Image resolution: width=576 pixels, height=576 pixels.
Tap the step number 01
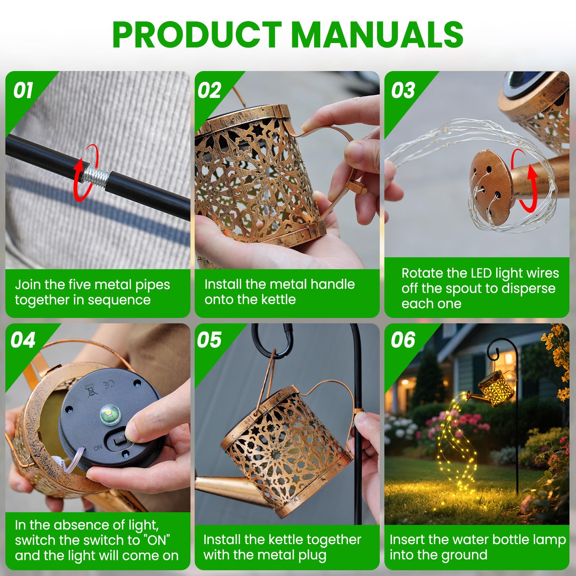coord(23,91)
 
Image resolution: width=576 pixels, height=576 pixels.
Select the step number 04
coord(23,340)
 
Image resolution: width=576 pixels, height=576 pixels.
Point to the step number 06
coord(403,340)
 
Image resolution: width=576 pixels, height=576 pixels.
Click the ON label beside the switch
coord(98,448)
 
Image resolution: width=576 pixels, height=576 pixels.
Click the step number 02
coord(209,91)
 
